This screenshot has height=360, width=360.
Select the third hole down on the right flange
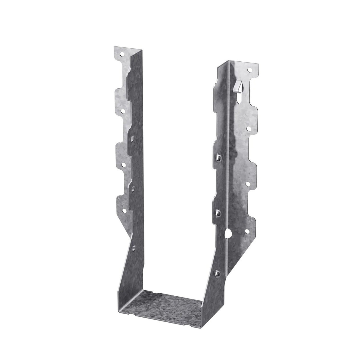[247, 184]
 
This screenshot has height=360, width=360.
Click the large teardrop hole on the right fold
[227, 233]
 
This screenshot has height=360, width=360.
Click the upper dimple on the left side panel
[131, 138]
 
